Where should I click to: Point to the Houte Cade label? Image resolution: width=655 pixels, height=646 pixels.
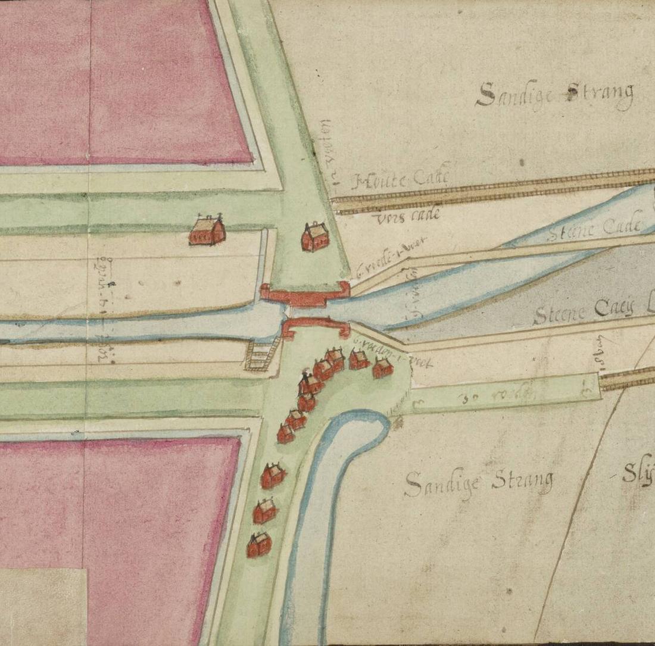point(401,179)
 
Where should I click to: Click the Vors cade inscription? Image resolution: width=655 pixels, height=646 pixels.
point(408,217)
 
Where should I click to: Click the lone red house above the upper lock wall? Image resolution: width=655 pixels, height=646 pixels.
point(314,237)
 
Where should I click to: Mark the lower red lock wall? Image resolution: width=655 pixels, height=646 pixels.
point(315,326)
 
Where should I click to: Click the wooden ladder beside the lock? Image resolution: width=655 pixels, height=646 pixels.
point(261,356)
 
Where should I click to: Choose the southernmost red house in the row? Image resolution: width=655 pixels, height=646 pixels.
point(259,544)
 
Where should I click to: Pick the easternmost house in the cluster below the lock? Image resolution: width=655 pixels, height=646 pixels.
point(382,368)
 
